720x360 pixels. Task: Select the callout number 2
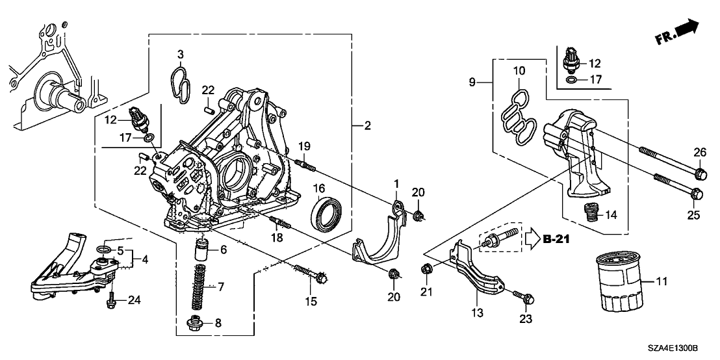tap(367, 126)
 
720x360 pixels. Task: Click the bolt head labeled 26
tap(700, 174)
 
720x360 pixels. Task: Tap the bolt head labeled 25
tap(695, 193)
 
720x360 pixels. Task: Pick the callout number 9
tap(472, 82)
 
